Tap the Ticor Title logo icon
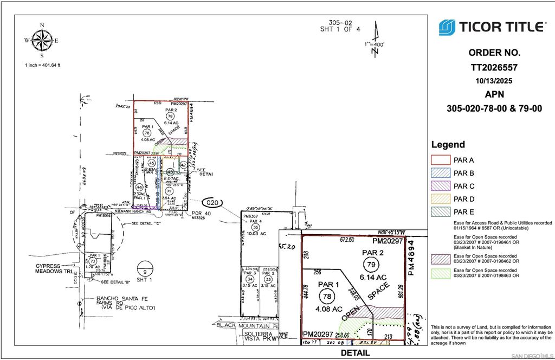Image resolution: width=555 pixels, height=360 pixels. point(447,27)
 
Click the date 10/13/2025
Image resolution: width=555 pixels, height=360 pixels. point(494,81)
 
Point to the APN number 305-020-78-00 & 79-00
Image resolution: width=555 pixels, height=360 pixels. point(494,108)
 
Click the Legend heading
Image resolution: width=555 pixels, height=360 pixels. point(448,145)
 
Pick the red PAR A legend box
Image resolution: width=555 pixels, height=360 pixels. point(441,160)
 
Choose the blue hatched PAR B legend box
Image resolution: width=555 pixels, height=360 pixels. point(441,173)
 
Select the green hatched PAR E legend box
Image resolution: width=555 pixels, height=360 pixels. point(441,212)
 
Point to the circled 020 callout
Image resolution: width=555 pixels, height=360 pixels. point(214,203)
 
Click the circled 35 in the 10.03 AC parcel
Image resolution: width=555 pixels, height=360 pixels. point(256,228)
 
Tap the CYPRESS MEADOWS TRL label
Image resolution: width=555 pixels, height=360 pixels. point(54,268)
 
